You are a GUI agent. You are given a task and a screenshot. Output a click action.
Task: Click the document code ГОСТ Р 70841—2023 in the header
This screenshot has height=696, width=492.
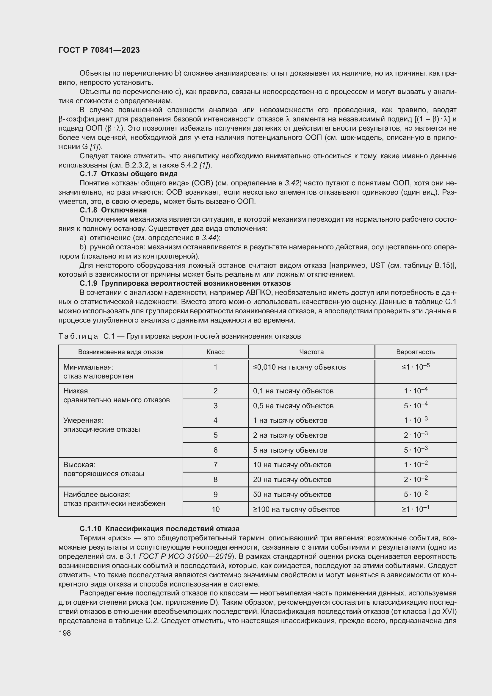point(99,50)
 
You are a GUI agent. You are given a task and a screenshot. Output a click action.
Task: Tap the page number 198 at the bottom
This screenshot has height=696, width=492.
point(65,633)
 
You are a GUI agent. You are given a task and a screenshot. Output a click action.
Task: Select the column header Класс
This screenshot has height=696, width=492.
point(215,352)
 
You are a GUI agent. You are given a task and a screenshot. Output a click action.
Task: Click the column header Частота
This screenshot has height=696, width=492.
point(311,352)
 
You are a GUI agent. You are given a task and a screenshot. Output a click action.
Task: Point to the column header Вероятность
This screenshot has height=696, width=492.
point(416,352)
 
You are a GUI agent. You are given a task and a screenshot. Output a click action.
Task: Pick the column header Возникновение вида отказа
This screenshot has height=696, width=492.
point(120,352)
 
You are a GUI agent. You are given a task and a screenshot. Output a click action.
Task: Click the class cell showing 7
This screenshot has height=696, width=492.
point(215,465)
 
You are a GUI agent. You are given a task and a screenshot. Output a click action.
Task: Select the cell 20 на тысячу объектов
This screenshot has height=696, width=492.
point(292,480)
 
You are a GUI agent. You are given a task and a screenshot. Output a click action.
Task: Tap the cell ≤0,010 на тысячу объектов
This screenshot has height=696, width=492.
point(299,367)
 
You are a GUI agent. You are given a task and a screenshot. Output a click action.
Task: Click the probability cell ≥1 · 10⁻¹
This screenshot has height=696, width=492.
point(416,509)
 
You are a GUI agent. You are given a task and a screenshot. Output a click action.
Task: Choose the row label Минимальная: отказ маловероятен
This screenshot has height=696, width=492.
point(98,372)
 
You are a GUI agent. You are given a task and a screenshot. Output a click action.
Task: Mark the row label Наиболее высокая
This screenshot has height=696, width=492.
point(97,495)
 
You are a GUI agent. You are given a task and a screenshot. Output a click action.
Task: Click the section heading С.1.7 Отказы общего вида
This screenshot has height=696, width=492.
point(129,174)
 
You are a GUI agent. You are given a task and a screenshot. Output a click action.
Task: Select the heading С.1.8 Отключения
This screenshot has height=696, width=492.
point(113,210)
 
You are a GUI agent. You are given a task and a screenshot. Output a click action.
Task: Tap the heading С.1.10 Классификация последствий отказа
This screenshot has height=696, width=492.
point(159,529)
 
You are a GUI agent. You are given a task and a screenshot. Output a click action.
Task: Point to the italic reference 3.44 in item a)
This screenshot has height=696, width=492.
point(209,238)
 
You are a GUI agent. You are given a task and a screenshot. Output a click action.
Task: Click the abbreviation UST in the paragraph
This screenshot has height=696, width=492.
point(377,265)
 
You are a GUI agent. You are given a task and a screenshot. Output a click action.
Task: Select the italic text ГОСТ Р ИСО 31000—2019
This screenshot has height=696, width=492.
point(185,556)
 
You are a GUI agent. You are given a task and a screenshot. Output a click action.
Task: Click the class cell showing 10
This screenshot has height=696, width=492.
point(215,509)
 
